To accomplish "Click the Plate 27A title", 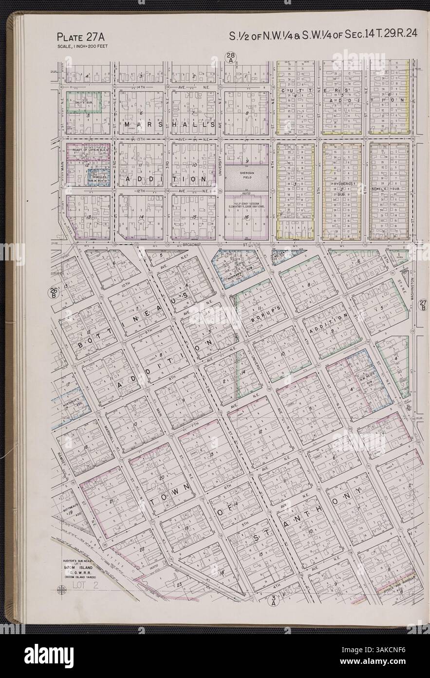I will [80, 37].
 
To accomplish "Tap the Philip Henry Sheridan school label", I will [246, 206].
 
